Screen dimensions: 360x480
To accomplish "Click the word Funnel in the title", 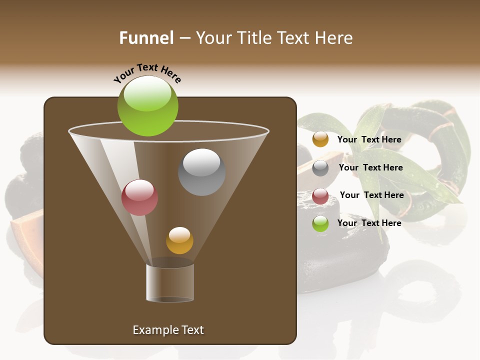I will pos(146,38).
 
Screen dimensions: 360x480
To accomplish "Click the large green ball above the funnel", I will pos(147,106).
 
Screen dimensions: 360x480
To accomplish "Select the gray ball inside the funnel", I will pos(201,172).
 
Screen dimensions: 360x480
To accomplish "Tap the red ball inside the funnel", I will pos(139,197).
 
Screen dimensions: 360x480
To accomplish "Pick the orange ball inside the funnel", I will pos(179,240).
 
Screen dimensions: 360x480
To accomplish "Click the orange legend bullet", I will pos(320,139).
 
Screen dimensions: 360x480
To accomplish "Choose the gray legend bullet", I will pos(320,168).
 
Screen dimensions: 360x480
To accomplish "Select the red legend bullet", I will pos(320,196).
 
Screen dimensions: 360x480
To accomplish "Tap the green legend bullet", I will pos(320,223).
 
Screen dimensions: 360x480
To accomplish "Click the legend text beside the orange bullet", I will pos(369,139).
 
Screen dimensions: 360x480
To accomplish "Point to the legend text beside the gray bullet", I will pos(370,167).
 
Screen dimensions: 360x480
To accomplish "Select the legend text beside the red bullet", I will pos(371,195).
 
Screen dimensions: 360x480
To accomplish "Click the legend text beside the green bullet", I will pos(369,223).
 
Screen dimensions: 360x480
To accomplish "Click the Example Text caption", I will pos(168,330).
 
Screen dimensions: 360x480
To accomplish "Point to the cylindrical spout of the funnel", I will pos(170,282).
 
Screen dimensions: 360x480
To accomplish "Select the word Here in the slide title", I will pos(334,38).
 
